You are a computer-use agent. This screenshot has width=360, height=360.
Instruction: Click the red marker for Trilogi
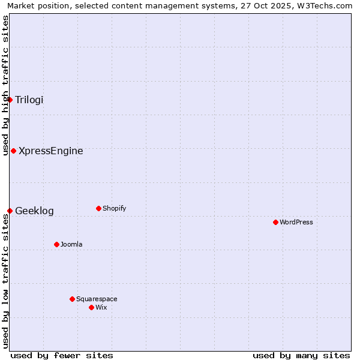[10, 100]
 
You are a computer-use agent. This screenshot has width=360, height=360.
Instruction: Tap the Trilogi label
[29, 100]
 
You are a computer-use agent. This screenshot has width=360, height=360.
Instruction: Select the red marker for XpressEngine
[13, 151]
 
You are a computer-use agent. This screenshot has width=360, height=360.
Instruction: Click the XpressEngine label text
[50, 151]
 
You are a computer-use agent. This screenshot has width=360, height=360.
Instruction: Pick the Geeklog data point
[10, 211]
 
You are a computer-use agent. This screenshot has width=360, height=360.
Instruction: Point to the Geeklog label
[34, 211]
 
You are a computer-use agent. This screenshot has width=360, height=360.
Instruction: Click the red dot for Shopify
[98, 208]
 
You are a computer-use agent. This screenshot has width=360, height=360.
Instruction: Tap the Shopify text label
[114, 208]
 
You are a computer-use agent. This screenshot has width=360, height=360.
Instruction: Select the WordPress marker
[275, 222]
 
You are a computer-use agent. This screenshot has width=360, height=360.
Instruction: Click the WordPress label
[296, 222]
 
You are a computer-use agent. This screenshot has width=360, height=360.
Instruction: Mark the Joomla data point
[56, 244]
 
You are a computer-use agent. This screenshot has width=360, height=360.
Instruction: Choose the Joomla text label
[71, 244]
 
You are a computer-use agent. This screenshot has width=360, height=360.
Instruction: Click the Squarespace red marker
[72, 299]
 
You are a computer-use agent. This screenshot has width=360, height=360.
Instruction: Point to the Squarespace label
[97, 299]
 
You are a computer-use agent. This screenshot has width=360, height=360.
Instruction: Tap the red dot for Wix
[91, 307]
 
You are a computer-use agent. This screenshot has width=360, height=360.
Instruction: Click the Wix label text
[101, 307]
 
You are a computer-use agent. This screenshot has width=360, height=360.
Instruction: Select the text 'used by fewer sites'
[62, 355]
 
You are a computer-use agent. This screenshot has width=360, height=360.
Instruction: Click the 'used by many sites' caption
[301, 355]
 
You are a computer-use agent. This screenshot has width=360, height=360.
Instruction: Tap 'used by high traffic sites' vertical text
[5, 85]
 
